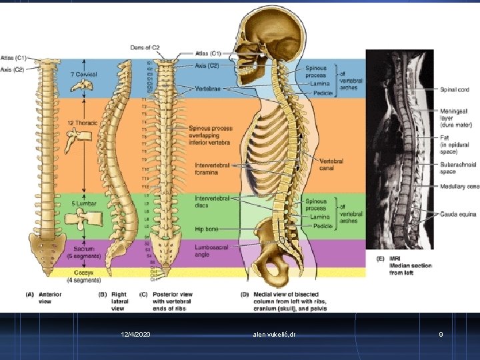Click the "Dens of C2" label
click(x=146, y=47)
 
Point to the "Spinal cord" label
click(x=455, y=90)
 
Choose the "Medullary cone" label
click(x=459, y=187)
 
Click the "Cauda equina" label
click(x=457, y=214)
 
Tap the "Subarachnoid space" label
click(x=457, y=167)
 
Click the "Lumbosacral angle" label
click(x=213, y=250)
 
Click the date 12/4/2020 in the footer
click(x=136, y=333)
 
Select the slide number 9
click(x=441, y=333)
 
